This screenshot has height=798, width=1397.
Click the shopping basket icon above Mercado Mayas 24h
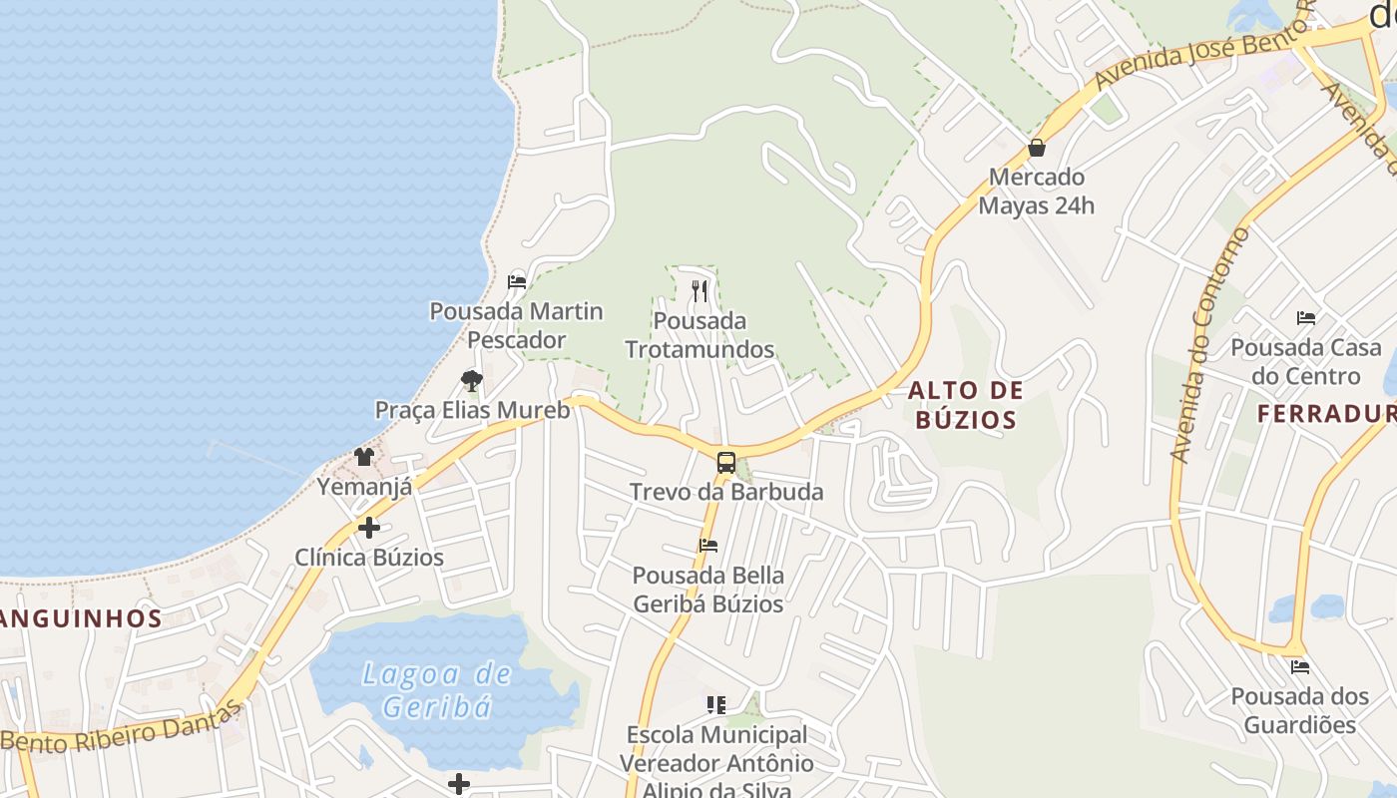point(1037,149)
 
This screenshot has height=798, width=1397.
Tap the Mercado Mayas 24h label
point(1037,192)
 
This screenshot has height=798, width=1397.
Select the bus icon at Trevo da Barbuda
point(726,463)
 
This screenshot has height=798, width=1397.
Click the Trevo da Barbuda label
point(726,492)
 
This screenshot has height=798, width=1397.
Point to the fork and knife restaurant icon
point(699,291)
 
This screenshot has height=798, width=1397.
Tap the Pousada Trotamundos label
point(699,335)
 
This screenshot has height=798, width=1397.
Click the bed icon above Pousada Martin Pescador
point(517,282)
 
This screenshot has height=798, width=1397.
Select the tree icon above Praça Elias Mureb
point(472,380)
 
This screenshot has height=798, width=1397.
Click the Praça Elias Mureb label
point(472,410)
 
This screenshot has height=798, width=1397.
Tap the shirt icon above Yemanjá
point(364,457)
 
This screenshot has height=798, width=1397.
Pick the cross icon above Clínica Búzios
point(369,528)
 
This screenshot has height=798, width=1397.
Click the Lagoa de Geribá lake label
point(437,690)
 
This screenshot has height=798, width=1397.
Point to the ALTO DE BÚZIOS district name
point(966,405)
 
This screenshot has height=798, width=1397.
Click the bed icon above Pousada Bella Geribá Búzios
point(708,546)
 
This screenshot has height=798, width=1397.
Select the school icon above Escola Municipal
point(715,705)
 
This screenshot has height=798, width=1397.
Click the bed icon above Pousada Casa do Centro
point(1306,318)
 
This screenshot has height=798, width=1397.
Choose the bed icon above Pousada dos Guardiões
point(1299,666)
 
